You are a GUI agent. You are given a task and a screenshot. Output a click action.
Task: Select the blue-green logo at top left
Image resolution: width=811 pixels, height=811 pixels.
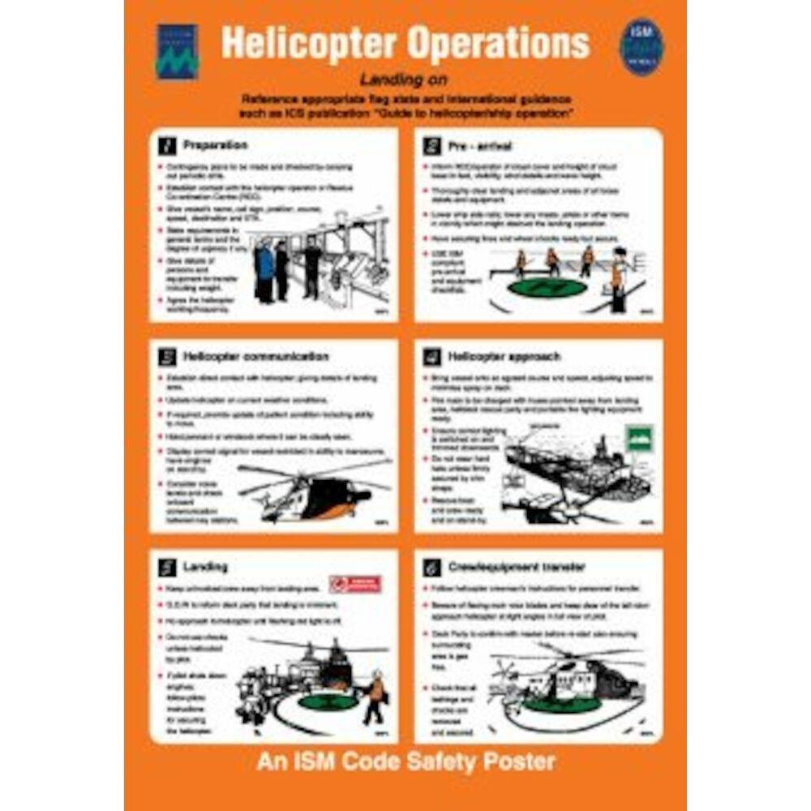176,51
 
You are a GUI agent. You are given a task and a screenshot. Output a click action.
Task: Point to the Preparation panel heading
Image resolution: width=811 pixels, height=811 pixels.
215,145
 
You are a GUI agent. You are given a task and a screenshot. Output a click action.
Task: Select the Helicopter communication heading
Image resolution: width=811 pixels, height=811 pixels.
255,356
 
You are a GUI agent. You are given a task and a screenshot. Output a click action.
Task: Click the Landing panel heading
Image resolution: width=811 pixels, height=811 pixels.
204,566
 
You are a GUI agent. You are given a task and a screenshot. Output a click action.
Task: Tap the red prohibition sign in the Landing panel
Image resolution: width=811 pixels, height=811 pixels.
354,584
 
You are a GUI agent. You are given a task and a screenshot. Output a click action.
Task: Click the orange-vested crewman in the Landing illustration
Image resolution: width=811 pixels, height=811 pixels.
374,697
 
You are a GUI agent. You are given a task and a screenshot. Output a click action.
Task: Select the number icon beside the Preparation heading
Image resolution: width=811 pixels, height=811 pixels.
166,146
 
